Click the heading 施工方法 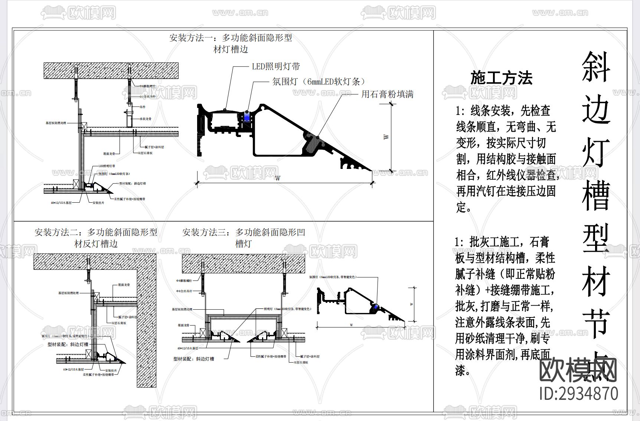(501, 78)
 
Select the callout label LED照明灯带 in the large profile (276, 67)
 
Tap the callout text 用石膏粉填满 (387, 94)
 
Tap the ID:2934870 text (579, 393)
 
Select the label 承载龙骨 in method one (146, 119)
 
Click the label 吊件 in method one (143, 107)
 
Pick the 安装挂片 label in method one (98, 203)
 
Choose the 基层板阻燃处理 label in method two (68, 293)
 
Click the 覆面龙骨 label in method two (124, 285)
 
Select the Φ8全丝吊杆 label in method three (185, 291)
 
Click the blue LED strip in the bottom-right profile (375, 306)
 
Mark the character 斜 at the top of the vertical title (595, 66)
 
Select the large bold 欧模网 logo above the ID (578, 369)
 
